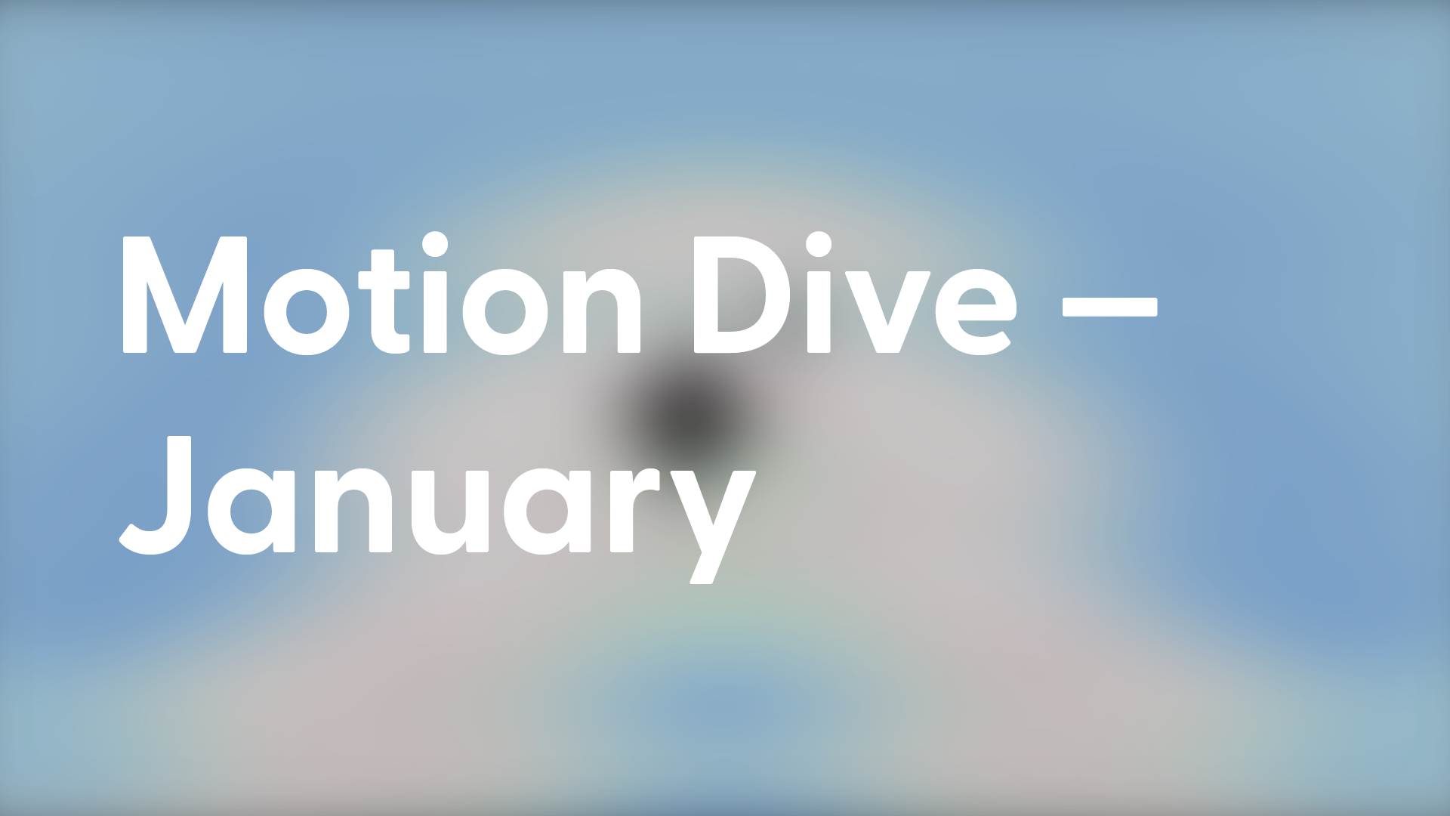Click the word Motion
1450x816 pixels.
click(x=381, y=293)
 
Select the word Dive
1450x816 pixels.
click(x=856, y=293)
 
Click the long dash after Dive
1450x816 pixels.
click(x=1109, y=306)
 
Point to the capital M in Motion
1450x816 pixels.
click(x=185, y=295)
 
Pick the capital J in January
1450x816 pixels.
click(x=156, y=496)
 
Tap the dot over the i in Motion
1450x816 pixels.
click(x=435, y=245)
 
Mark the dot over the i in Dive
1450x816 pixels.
click(x=819, y=245)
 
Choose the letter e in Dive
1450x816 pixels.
click(x=976, y=312)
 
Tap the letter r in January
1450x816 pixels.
click(x=635, y=510)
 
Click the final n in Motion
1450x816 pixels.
click(x=602, y=311)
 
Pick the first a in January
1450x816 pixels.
click(x=251, y=512)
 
